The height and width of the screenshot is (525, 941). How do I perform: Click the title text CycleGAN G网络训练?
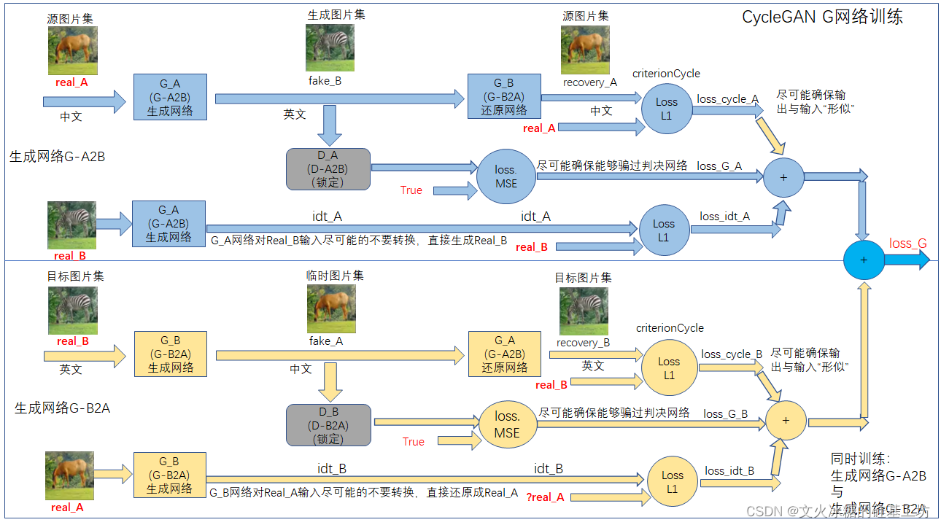click(x=822, y=17)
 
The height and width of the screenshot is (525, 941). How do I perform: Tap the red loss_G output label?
click(x=907, y=243)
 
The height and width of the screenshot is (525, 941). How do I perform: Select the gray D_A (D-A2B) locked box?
click(x=329, y=169)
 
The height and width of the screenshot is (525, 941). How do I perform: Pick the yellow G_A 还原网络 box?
click(x=504, y=354)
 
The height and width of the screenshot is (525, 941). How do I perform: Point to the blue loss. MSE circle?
click(x=506, y=176)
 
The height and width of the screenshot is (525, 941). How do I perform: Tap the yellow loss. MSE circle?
click(x=507, y=425)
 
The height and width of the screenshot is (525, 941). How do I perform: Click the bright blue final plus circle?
click(x=864, y=260)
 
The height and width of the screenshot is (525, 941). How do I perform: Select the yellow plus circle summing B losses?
click(x=786, y=421)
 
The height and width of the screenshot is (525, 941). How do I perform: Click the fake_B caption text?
click(x=325, y=81)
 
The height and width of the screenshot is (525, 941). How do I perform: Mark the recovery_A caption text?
click(x=589, y=82)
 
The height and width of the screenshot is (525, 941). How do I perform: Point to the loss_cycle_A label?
click(x=727, y=99)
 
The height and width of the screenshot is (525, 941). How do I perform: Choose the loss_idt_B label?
click(x=729, y=470)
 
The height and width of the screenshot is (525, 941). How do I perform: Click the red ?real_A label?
click(x=545, y=497)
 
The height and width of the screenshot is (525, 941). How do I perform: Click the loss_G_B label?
click(x=725, y=413)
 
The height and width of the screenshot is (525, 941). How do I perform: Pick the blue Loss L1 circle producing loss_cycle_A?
click(x=666, y=109)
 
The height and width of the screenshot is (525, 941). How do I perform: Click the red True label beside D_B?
click(x=413, y=441)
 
